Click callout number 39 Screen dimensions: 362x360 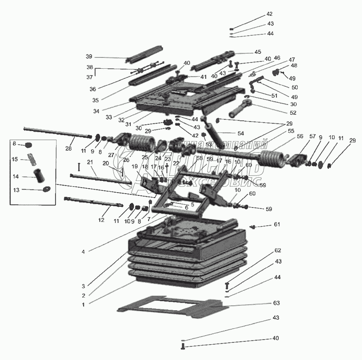pyautogui.click(x=89, y=57)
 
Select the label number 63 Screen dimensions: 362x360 pyautogui.click(x=276, y=303)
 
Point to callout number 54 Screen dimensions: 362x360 pyautogui.click(x=241, y=133)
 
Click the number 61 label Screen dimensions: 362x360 pyautogui.click(x=276, y=225)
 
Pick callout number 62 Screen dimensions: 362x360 pyautogui.click(x=278, y=251)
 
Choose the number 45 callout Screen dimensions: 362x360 pyautogui.click(x=258, y=52)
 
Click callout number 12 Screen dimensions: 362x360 pyautogui.click(x=101, y=220)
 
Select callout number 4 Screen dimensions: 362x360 pyautogui.click(x=83, y=251)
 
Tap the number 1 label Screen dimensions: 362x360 pyautogui.click(x=83, y=305)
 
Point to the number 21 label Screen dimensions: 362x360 pyautogui.click(x=90, y=162)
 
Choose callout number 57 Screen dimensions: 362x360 pyautogui.click(x=312, y=136)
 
